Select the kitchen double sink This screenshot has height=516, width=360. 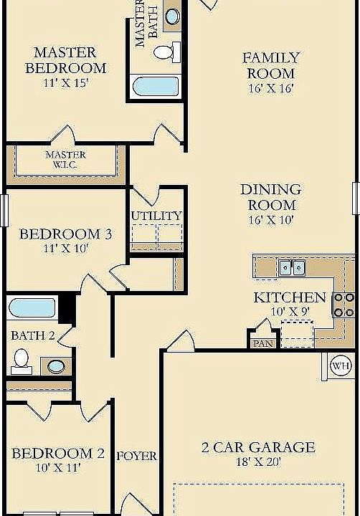coord(292,268)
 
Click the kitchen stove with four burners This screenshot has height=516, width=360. coord(344,305)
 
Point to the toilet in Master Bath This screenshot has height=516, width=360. coord(166,52)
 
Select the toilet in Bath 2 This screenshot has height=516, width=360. coord(22,359)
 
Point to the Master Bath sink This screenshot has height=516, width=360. coord(173,16)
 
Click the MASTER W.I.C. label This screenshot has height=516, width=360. coord(65,159)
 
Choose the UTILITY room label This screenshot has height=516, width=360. coord(156,216)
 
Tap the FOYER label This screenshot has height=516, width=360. coord(137,456)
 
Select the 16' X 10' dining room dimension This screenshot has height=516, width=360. coord(270,220)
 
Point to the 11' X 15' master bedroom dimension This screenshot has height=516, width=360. coord(65,83)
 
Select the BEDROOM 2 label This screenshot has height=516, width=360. coord(58,453)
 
